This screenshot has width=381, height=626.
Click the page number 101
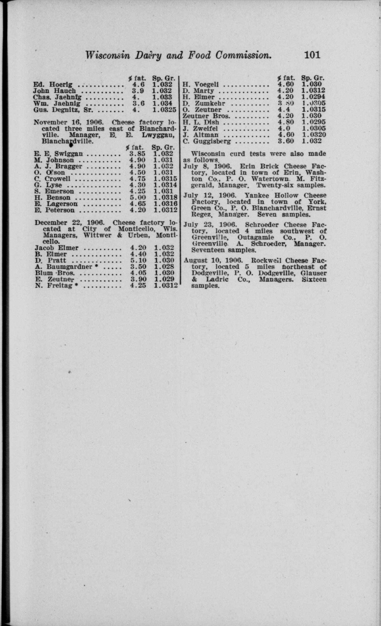(312, 55)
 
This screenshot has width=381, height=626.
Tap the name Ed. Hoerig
(53, 85)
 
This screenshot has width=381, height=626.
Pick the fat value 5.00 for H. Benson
(138, 198)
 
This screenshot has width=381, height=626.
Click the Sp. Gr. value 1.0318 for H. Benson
(165, 198)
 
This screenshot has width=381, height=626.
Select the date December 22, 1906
(69, 222)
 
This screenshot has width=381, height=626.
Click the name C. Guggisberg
(207, 141)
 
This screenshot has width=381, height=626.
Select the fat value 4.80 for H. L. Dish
(286, 122)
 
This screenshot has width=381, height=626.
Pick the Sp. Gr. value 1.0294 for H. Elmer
(313, 97)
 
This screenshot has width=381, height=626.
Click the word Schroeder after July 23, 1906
(262, 225)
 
